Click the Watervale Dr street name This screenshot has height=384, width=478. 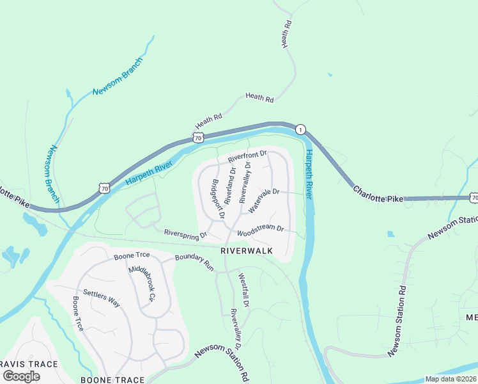[x=264, y=200]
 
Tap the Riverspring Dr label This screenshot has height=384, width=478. [x=186, y=234]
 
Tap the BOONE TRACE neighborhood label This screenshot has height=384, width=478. [x=112, y=380]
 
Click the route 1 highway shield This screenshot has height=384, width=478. [x=300, y=130]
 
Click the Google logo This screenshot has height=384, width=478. [x=22, y=376]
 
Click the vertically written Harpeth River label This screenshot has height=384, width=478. [x=309, y=174]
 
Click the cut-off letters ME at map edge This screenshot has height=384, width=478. [x=472, y=318]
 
